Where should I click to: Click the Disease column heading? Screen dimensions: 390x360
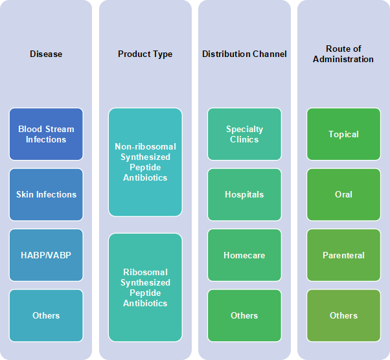point(46,54)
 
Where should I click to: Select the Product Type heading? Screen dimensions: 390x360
point(145,54)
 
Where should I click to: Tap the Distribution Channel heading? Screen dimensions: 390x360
point(244,54)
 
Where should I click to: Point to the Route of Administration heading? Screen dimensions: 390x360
point(343,54)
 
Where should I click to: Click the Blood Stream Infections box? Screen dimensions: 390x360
point(46,134)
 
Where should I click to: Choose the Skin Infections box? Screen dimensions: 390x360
point(46,195)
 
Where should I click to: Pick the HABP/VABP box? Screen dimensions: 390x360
point(46,255)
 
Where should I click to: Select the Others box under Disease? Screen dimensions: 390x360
point(46,315)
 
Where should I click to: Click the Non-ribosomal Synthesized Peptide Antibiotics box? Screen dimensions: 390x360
point(145,162)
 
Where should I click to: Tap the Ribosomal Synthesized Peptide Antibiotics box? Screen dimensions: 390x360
point(145,287)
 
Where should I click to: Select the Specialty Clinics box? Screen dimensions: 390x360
point(244,134)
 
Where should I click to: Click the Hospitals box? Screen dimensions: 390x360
point(244,195)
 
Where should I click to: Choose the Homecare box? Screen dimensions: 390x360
point(244,255)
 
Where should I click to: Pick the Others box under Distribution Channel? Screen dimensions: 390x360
point(244,315)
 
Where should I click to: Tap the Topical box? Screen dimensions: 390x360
point(343,134)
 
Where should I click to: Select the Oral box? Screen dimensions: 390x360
point(343,195)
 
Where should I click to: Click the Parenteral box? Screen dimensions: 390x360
point(343,255)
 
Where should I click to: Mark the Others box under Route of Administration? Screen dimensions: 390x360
point(343,315)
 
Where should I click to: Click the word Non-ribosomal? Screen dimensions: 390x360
point(145,147)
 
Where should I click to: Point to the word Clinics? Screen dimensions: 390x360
point(244,139)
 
